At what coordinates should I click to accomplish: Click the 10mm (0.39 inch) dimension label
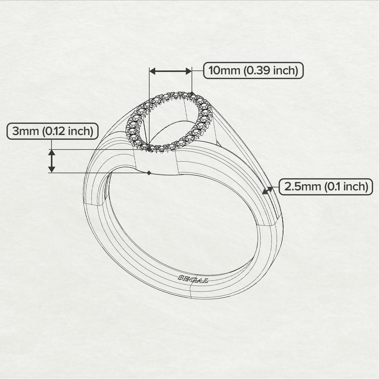tap(253, 71)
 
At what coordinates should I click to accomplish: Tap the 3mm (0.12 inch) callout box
tap(53, 131)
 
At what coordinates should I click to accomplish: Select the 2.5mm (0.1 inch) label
tap(326, 187)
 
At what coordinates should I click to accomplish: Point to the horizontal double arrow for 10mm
tap(170, 71)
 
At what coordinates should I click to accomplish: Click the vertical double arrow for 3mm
tap(51, 161)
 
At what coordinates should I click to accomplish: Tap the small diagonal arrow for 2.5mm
tap(267, 190)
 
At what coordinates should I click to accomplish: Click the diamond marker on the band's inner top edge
tap(149, 173)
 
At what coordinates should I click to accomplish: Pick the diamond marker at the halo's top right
tap(192, 93)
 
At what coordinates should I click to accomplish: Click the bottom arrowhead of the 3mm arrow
tap(51, 169)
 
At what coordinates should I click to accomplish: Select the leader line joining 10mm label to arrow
tap(197, 71)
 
